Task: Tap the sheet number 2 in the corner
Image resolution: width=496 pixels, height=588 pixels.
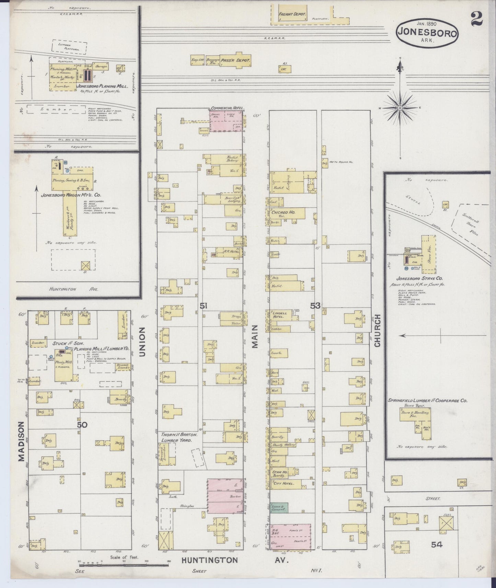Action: coord(476,19)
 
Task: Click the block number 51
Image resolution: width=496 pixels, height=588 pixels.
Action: coord(203,305)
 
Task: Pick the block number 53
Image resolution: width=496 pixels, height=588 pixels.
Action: coord(315,305)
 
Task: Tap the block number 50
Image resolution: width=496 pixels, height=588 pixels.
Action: coord(82,425)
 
